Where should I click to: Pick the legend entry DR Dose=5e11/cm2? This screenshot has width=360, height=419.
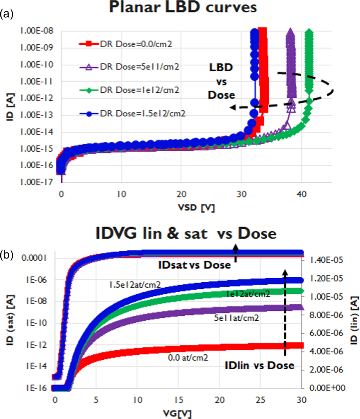tap(139, 66)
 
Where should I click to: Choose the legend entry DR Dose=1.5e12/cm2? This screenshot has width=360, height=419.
tap(142, 113)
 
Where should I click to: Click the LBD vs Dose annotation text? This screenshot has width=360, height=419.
tap(221, 81)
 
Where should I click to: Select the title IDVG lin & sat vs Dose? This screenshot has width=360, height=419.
tap(185, 234)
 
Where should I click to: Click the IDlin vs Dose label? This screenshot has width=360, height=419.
tap(260, 365)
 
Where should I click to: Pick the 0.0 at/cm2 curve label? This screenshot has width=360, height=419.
tap(188, 357)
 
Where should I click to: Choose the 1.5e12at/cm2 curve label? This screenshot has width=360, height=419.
tap(135, 284)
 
